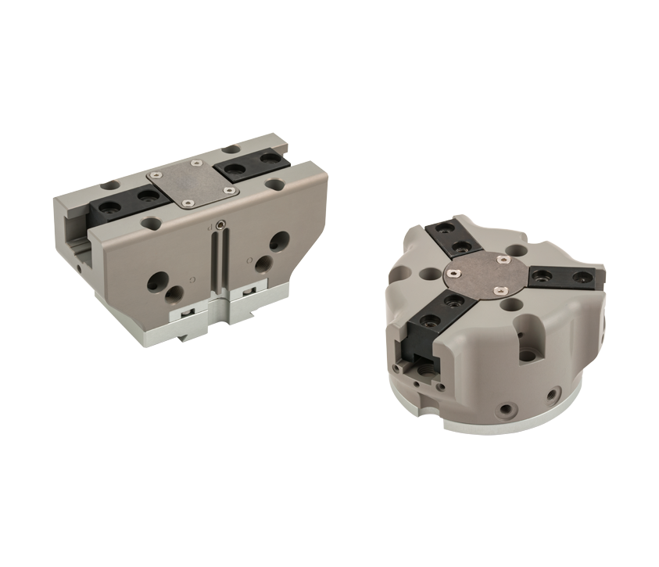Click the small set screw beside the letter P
222,226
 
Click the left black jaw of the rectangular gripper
124,203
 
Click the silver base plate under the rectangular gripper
156,328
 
